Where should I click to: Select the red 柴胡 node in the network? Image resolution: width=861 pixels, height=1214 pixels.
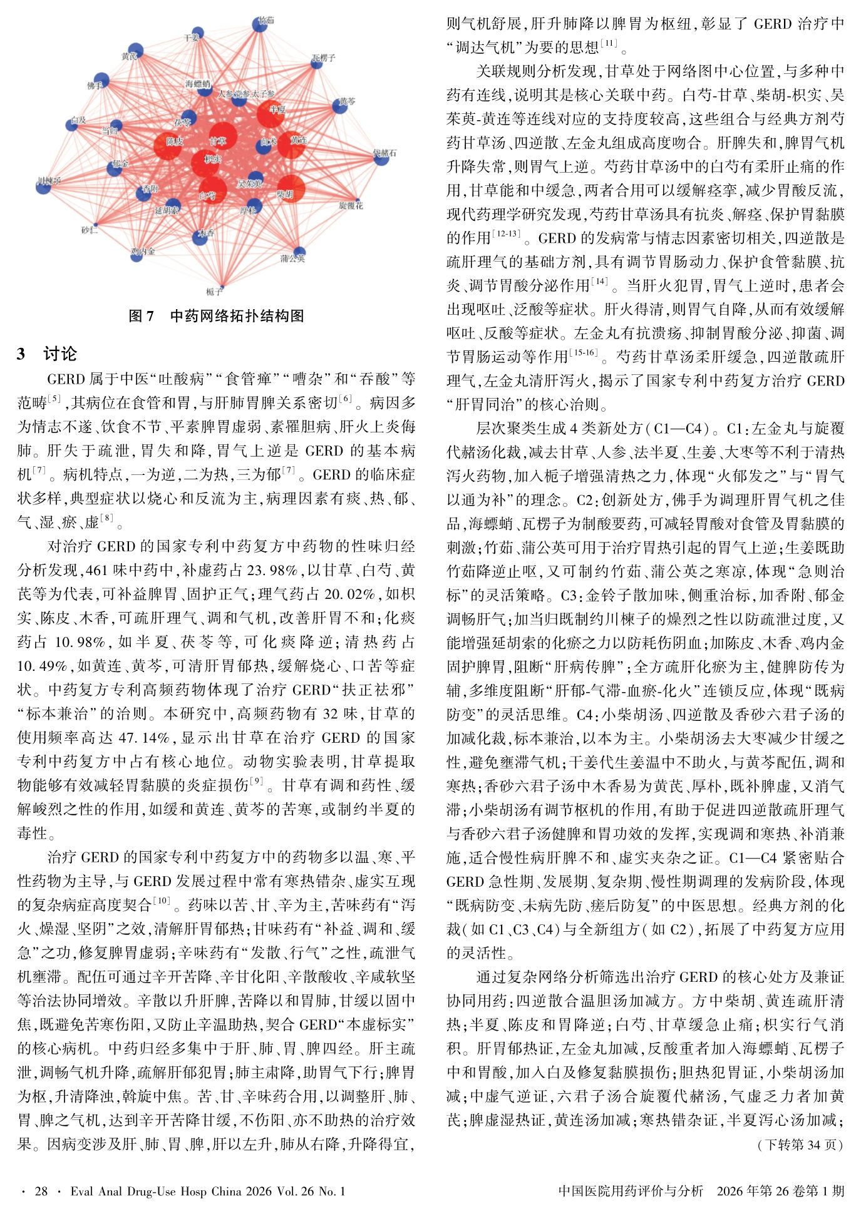pyautogui.click(x=289, y=189)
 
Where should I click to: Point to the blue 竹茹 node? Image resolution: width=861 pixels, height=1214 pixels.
pyautogui.click(x=260, y=24)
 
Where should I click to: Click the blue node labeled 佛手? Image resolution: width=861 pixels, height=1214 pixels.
pyautogui.click(x=101, y=81)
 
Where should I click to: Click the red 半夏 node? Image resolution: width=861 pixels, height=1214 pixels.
pyautogui.click(x=271, y=113)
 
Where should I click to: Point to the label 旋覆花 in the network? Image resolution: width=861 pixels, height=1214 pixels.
pyautogui.click(x=351, y=205)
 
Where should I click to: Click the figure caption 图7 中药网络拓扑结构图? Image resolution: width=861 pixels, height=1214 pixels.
pyautogui.click(x=216, y=316)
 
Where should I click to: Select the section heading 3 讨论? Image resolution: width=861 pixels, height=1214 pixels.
pyautogui.click(x=47, y=354)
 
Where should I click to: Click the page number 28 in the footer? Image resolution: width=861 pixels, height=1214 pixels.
pyautogui.click(x=41, y=1191)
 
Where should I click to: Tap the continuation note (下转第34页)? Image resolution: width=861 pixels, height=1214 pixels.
pyautogui.click(x=800, y=1145)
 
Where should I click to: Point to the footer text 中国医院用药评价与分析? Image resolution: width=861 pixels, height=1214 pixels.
pyautogui.click(x=630, y=1191)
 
